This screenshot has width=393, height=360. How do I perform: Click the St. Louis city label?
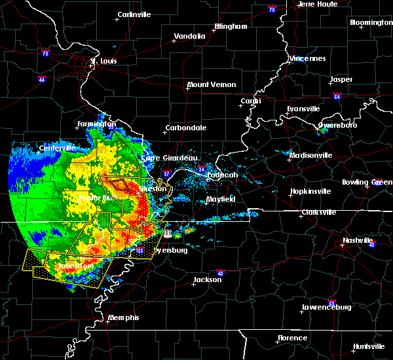coord(103,62)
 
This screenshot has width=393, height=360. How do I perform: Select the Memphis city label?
coord(124,317)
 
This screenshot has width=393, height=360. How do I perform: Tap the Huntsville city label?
coord(369,346)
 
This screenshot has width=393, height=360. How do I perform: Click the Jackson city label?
coord(207,279)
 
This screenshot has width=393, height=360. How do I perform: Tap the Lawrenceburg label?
coord(327,307)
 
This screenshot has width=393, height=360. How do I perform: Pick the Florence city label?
coord(292,338)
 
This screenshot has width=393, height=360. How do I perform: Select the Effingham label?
coord(231,27)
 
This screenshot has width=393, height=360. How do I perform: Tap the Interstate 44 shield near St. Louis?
coord(41,79)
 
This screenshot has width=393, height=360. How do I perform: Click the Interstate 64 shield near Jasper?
coord(337,96)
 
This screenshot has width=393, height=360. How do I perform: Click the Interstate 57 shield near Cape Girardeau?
coord(166,174)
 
